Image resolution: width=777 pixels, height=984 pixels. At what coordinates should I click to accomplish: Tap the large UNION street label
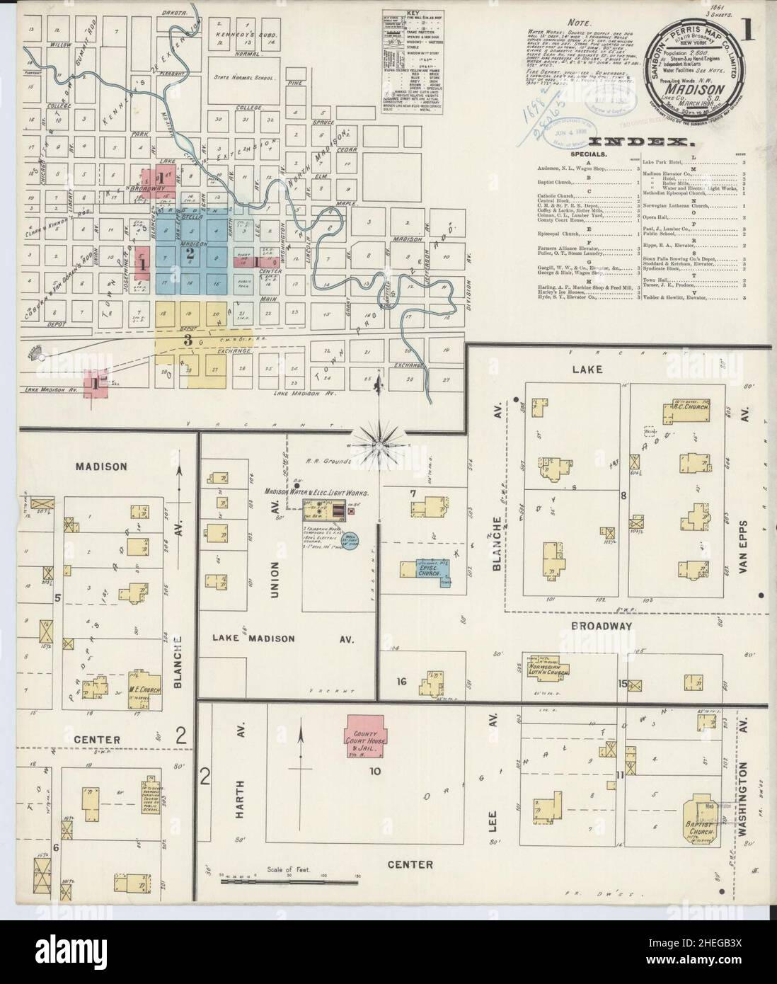(x=275, y=580)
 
